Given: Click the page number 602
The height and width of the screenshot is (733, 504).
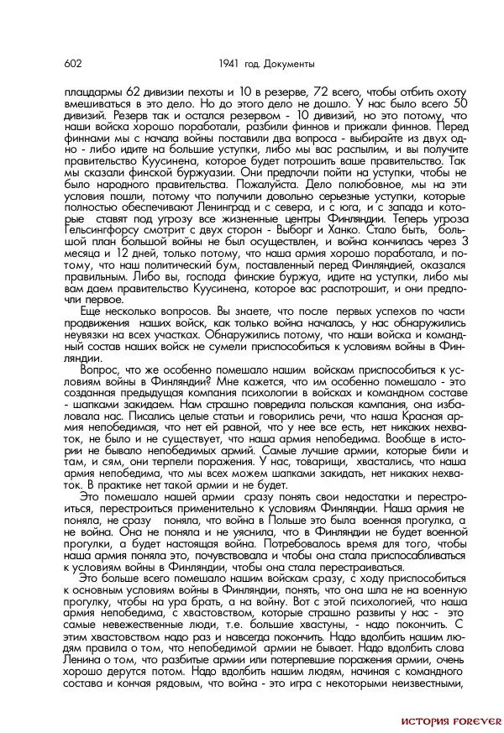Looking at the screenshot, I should coord(72,64).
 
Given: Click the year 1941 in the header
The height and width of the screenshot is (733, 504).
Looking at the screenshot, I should coord(228,64).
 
